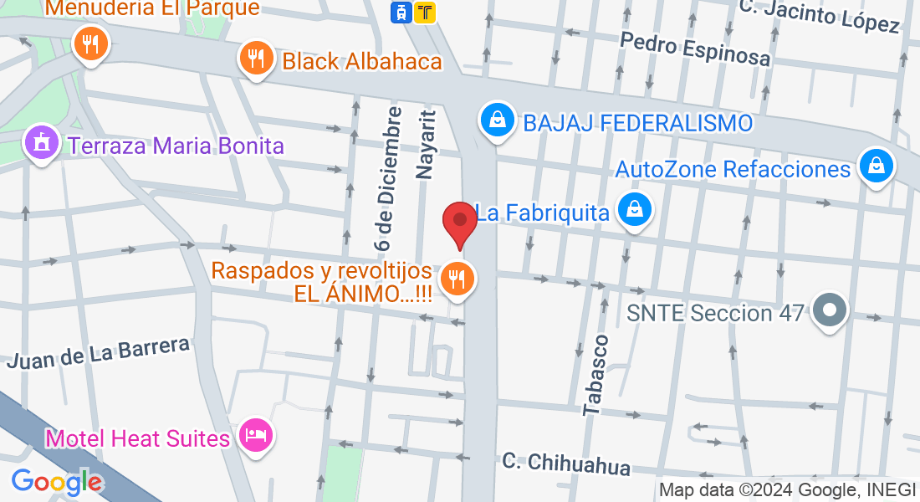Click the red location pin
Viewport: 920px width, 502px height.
click(459, 222)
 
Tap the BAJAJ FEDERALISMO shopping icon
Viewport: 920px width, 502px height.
click(497, 120)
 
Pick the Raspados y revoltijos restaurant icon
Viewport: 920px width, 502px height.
click(456, 279)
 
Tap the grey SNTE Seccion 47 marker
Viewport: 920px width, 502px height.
click(830, 310)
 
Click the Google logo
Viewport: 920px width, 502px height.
click(57, 481)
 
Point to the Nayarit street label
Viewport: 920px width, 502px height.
click(427, 144)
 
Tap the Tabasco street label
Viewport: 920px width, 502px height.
click(596, 374)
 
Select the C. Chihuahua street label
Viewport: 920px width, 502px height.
click(566, 463)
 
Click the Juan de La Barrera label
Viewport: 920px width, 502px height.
click(98, 352)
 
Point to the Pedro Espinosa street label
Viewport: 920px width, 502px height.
click(695, 49)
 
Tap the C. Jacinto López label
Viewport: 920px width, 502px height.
click(820, 16)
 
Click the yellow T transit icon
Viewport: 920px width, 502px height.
click(426, 12)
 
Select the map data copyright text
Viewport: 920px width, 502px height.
click(788, 490)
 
